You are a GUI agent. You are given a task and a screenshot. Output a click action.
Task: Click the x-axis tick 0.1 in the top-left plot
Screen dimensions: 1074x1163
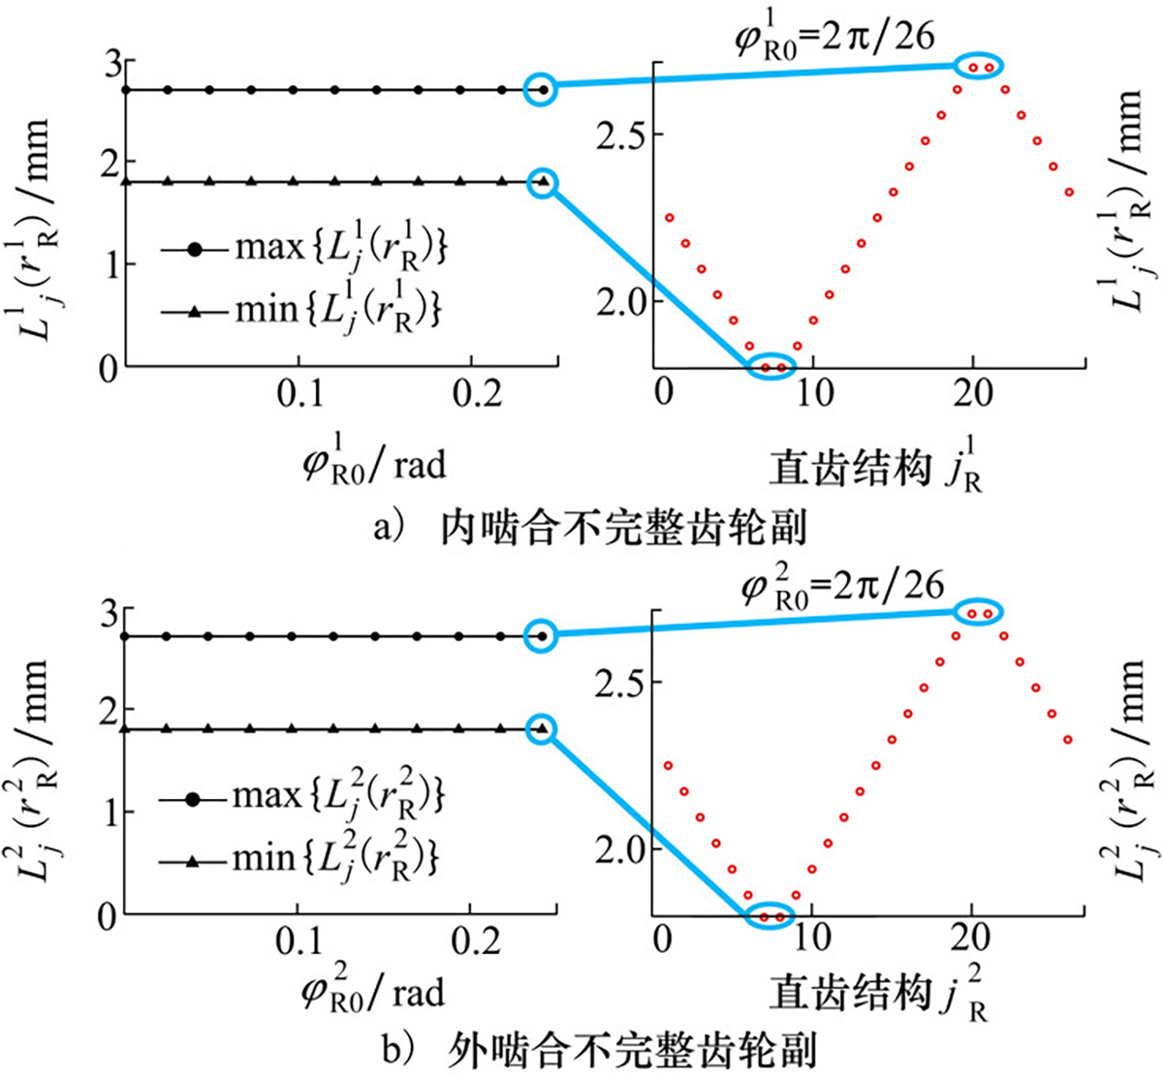(299, 397)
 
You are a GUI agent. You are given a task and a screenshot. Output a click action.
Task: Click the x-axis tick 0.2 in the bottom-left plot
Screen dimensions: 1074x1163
(470, 943)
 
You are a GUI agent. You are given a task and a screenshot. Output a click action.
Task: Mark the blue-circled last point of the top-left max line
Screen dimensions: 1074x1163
(543, 89)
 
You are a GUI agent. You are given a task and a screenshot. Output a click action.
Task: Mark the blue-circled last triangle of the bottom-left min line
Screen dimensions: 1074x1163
(543, 729)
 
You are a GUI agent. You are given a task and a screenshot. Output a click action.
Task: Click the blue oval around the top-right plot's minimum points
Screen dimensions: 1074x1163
(771, 366)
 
